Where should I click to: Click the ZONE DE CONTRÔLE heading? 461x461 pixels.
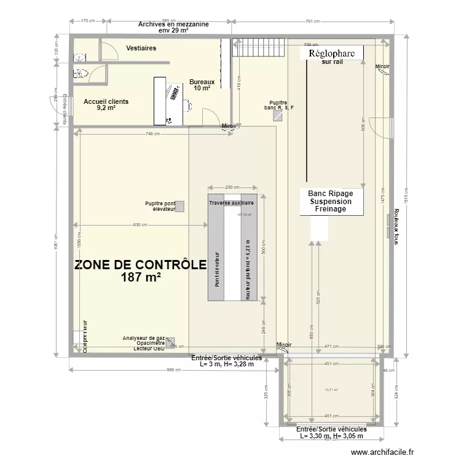click(x=140, y=266)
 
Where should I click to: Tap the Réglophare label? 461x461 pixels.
click(x=332, y=54)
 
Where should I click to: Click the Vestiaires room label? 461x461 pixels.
click(x=141, y=48)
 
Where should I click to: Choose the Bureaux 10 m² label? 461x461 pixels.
click(x=202, y=85)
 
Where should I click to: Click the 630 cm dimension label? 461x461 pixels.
click(x=140, y=225)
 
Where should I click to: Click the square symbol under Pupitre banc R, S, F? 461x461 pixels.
click(x=277, y=115)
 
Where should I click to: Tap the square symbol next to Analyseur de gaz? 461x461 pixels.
click(x=170, y=341)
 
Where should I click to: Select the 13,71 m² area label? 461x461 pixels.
click(x=332, y=389)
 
